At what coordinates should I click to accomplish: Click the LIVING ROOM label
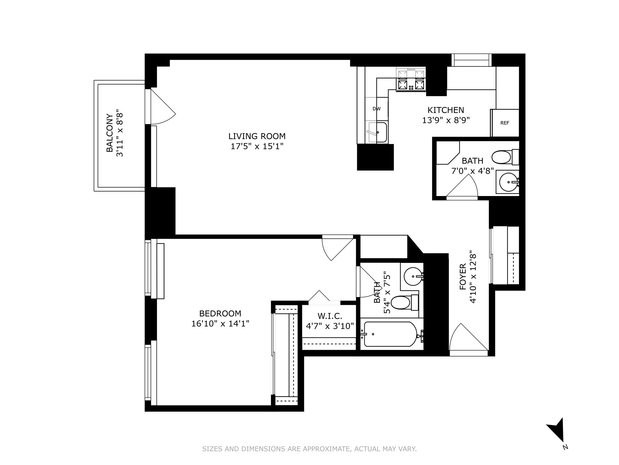pos(257,136)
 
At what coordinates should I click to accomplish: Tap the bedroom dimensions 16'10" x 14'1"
pos(220,324)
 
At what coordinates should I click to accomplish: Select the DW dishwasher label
pos(377,109)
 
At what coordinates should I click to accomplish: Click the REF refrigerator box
pos(505,123)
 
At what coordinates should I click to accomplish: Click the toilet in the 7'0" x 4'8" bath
pos(502,157)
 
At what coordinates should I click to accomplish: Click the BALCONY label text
pos(110,133)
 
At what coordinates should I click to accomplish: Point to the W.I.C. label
pos(330,316)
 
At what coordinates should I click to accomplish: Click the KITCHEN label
pos(446,110)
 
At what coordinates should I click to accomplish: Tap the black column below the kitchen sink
pos(375,157)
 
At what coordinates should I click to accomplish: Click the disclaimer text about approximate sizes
pos(309,449)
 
